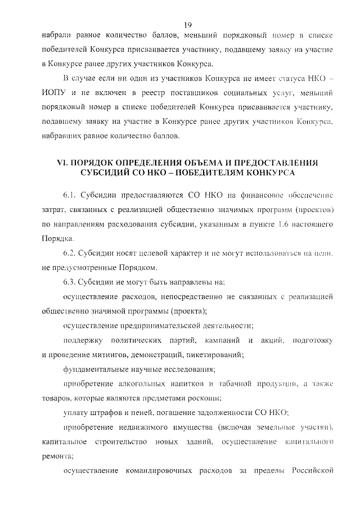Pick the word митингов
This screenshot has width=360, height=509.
(x=115, y=355)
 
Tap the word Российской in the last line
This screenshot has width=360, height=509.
(x=312, y=471)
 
